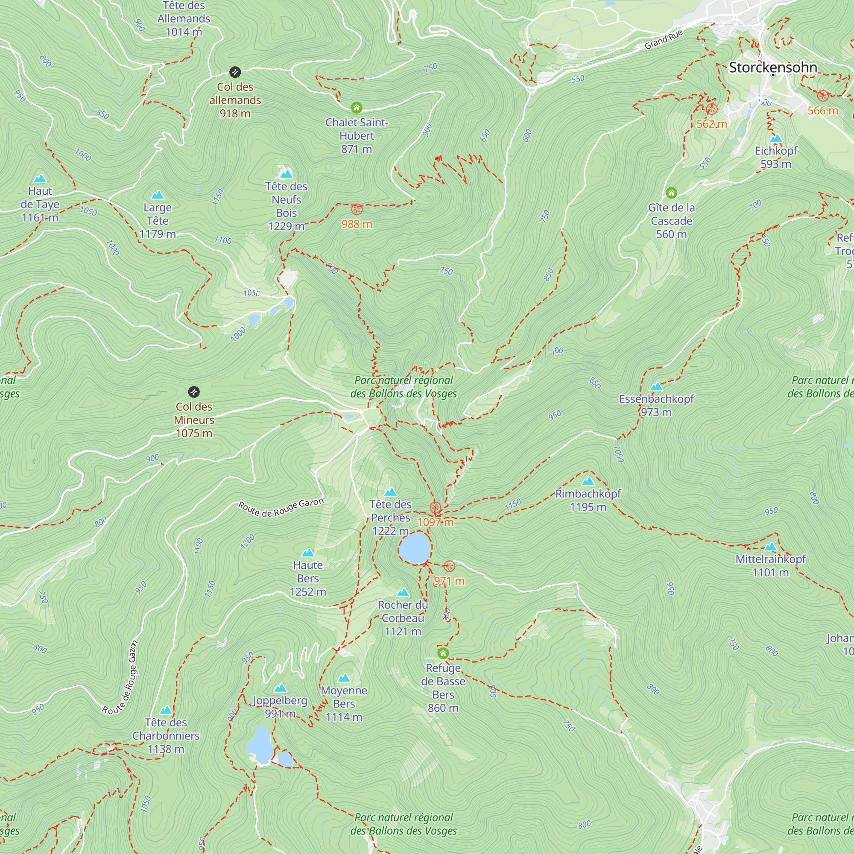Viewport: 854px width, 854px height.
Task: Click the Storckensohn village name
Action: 773,67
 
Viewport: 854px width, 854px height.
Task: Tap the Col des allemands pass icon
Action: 235,72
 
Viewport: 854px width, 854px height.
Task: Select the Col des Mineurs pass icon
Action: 194,392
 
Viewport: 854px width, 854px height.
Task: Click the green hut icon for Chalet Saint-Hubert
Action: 357,108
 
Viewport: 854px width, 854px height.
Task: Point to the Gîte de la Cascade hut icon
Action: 671,193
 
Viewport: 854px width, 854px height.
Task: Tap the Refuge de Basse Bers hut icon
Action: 443,653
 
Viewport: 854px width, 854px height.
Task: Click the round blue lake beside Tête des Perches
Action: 415,548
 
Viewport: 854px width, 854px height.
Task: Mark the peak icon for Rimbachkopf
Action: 588,481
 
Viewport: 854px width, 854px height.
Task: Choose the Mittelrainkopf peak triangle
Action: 770,547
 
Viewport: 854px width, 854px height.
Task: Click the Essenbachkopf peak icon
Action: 656,387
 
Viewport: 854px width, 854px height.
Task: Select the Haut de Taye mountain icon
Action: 40,178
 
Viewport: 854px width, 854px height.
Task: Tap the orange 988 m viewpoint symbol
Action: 357,210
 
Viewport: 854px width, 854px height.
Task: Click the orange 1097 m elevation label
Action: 436,522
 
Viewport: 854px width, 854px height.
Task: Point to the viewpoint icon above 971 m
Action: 449,566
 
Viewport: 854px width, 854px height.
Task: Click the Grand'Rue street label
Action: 664,40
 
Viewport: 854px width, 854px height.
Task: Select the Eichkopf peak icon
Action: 776,139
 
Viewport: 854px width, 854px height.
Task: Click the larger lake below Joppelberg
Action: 260,745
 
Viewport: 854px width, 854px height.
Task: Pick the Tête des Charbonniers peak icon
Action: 166,711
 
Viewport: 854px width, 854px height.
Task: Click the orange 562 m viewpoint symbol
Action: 712,109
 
